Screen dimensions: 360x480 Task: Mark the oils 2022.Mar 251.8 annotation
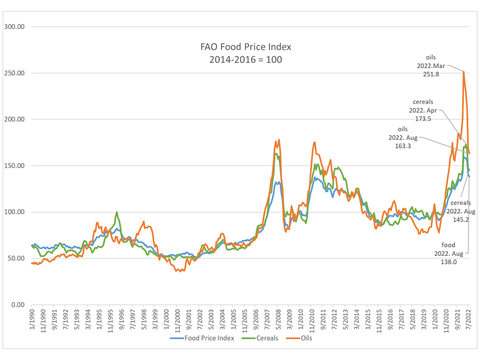[x=433, y=66]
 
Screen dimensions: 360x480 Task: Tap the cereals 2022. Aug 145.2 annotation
[x=461, y=211]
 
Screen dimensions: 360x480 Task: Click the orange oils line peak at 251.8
[x=463, y=71]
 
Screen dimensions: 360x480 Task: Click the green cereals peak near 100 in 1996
[x=117, y=212]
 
